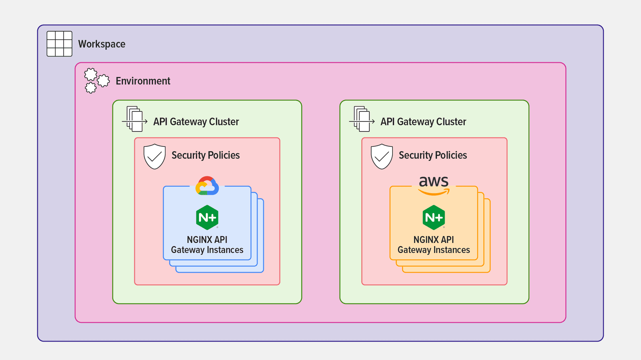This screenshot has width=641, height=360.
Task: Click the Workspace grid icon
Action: (59, 44)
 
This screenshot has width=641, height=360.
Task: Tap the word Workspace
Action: (102, 44)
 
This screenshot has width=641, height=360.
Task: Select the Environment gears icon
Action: (96, 81)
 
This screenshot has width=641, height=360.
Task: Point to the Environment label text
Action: (143, 81)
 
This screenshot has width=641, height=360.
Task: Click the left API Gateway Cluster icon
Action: (135, 119)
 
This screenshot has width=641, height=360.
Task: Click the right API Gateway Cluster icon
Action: (362, 119)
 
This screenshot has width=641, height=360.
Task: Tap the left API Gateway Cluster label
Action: (196, 121)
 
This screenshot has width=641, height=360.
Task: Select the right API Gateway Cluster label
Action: (423, 121)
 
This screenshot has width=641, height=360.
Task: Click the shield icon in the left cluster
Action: (155, 156)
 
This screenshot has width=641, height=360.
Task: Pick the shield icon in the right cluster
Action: (382, 156)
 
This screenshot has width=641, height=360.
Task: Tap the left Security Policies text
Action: (206, 155)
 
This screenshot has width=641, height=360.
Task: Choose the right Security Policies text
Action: (433, 155)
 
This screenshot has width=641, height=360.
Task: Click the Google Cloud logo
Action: (207, 186)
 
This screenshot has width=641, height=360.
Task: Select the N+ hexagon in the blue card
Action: (207, 217)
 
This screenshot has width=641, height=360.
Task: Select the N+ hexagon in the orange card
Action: (434, 217)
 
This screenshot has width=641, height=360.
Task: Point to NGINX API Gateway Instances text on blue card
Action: (207, 245)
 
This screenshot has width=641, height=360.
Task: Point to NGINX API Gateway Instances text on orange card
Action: (434, 245)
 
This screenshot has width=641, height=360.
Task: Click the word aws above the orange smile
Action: (434, 182)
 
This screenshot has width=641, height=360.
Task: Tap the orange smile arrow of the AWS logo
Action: (433, 193)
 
